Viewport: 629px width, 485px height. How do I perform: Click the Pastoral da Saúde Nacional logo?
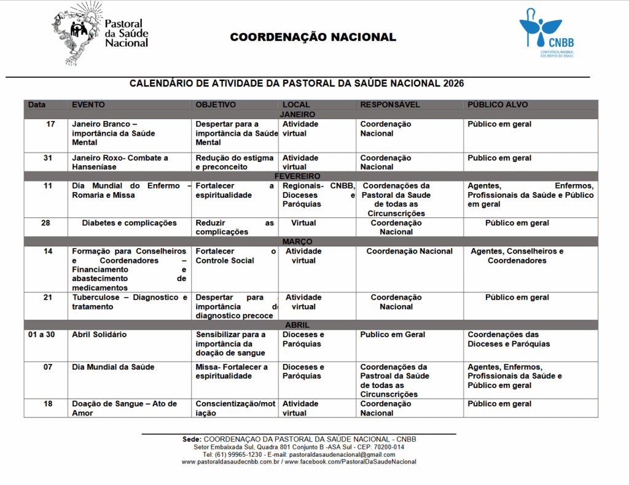(100, 34)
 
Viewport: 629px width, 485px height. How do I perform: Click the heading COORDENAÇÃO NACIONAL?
(313, 37)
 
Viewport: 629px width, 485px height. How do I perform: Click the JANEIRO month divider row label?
(297, 114)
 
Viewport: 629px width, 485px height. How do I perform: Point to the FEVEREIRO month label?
(297, 176)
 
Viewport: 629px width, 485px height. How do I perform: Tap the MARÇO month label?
(297, 242)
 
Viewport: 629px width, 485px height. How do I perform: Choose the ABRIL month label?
(297, 325)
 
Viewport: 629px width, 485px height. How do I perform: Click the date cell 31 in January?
(47, 158)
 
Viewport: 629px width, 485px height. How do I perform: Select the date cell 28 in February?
(46, 223)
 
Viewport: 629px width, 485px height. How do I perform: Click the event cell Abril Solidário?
(99, 335)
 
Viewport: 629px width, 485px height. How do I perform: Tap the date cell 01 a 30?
(42, 335)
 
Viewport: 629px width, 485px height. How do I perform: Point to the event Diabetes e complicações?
(129, 223)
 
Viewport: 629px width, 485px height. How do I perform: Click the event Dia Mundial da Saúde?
(113, 367)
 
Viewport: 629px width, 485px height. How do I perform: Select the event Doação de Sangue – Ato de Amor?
(124, 408)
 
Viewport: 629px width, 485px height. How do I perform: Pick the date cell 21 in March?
(47, 297)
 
